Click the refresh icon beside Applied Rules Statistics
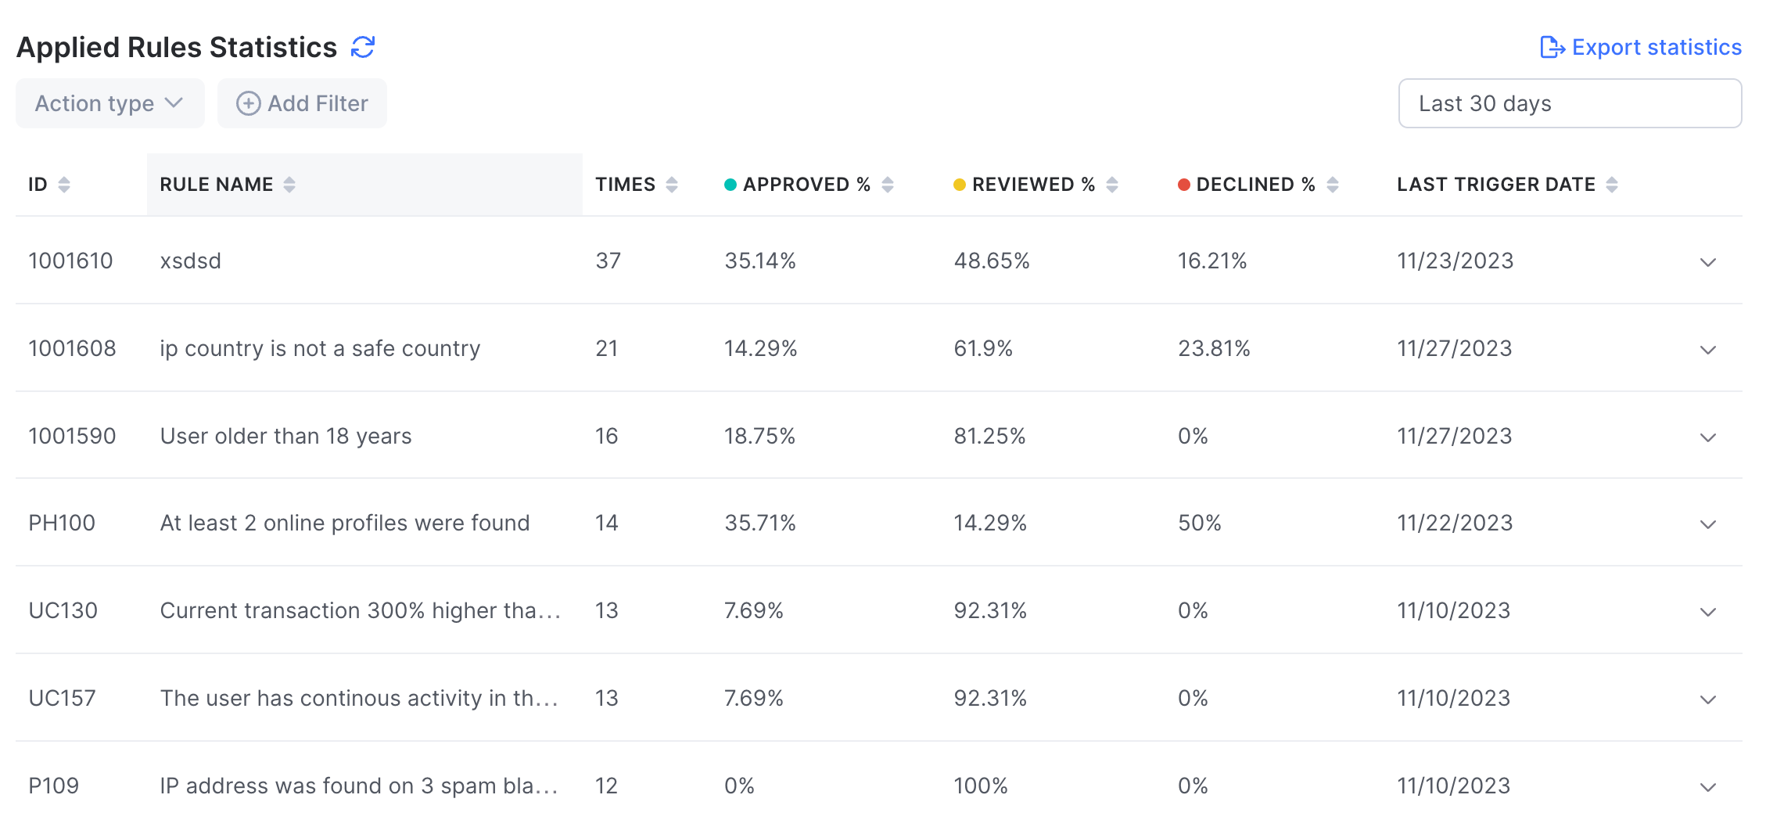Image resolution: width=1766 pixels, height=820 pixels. pos(363,47)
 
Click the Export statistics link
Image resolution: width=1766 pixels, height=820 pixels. pos(1641,47)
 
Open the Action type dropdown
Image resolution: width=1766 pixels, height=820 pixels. pos(109,103)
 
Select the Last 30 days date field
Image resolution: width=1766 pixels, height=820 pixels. pos(1569,103)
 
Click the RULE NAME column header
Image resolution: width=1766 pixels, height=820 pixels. pos(217,185)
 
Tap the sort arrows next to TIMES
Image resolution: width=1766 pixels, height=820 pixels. pos(672,185)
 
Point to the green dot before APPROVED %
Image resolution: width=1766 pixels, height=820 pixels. pos(730,185)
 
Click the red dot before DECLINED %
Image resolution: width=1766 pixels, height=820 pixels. pos(1184,185)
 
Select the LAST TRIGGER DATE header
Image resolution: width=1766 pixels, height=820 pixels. pos(1495,185)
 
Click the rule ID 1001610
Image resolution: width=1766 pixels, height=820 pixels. pos(70,261)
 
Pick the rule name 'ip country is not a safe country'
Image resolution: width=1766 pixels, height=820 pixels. pos(320,348)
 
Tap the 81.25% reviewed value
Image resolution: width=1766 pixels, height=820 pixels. pos(989,436)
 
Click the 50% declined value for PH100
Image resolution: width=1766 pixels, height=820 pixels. pos(1199,523)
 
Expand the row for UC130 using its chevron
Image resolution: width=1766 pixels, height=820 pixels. pos(1708,611)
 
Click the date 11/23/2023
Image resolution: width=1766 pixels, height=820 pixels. pos(1455,261)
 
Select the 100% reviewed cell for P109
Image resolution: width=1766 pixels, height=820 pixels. pos(980,786)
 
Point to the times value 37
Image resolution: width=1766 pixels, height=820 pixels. pos(608,261)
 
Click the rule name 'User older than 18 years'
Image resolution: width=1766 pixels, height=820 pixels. pos(285,436)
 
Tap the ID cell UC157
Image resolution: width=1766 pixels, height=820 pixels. pos(62,698)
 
